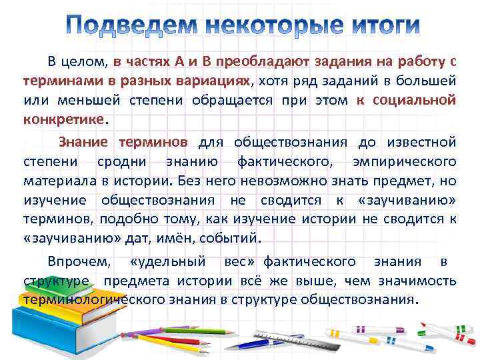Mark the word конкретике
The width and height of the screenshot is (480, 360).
(65, 121)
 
